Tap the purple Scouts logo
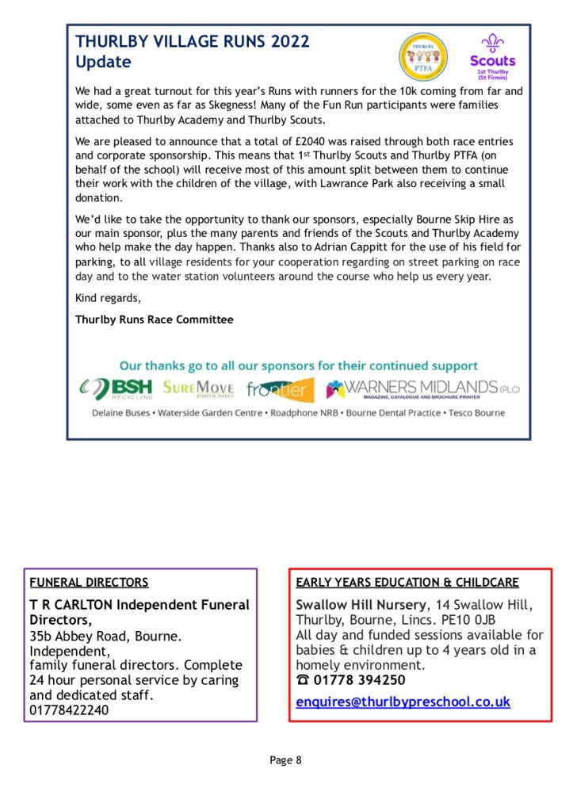pyautogui.click(x=492, y=55)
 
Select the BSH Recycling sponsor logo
pyautogui.click(x=116, y=389)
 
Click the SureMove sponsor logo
pyautogui.click(x=199, y=388)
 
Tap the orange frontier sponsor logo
pyautogui.click(x=280, y=389)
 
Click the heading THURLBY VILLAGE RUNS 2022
pyautogui.click(x=193, y=43)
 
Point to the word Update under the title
pyautogui.click(x=103, y=62)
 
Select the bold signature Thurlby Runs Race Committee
pyautogui.click(x=155, y=320)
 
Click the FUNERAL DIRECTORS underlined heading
pyautogui.click(x=89, y=583)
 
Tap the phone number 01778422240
pyautogui.click(x=70, y=710)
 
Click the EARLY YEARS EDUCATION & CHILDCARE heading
pyautogui.click(x=407, y=583)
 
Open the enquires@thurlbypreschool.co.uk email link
pyautogui.click(x=403, y=702)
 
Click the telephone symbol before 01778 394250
pyautogui.click(x=303, y=680)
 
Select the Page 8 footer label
pyautogui.click(x=286, y=761)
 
